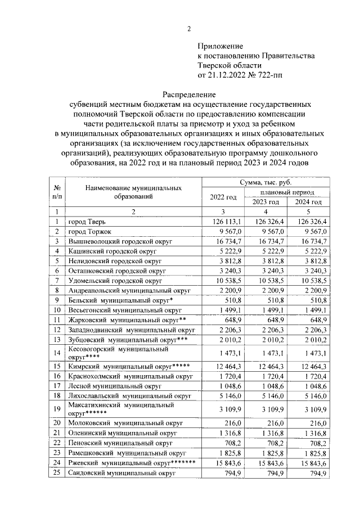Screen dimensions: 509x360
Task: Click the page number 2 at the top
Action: [x=189, y=29]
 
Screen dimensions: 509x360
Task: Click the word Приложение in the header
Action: [x=220, y=46]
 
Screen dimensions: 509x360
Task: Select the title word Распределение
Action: [x=189, y=94]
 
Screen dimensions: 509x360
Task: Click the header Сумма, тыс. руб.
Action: [x=265, y=183]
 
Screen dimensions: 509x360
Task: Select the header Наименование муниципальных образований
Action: [x=133, y=192]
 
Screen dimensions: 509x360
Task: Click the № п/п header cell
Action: [x=57, y=192]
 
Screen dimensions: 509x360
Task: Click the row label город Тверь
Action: [x=89, y=222]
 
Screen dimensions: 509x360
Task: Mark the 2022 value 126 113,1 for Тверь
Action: [x=222, y=222]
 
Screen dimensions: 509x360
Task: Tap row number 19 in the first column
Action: [x=57, y=408]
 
